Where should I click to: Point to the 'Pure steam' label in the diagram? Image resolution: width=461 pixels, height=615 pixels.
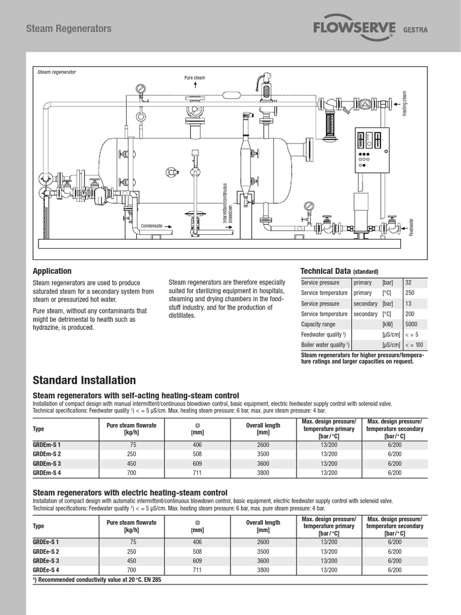tap(194, 78)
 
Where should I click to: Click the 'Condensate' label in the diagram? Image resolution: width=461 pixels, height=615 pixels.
tap(152, 226)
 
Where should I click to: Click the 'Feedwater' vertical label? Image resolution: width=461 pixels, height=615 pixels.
tap(412, 225)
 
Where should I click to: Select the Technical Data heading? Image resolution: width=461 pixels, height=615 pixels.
tap(339, 271)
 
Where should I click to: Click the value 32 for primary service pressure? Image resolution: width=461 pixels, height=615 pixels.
tap(409, 282)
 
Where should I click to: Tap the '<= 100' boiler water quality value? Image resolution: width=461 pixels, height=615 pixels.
tap(414, 345)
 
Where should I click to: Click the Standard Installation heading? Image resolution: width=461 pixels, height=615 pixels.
tap(84, 380)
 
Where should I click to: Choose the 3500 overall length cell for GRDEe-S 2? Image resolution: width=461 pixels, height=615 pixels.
tap(262, 551)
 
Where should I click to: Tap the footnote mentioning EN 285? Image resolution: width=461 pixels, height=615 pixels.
tap(97, 580)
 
